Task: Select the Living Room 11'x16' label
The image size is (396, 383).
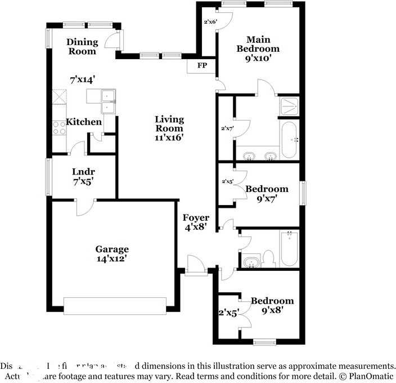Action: pyautogui.click(x=169, y=128)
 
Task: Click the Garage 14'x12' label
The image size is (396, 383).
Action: pyautogui.click(x=111, y=253)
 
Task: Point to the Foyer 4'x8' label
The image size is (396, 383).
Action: pyautogui.click(x=195, y=222)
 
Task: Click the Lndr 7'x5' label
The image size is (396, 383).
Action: pyautogui.click(x=83, y=177)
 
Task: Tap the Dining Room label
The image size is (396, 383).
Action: pyautogui.click(x=82, y=47)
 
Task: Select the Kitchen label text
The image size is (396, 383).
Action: pyautogui.click(x=84, y=122)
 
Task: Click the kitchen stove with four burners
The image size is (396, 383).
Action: pyautogui.click(x=58, y=128)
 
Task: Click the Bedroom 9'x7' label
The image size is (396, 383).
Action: pyautogui.click(x=267, y=193)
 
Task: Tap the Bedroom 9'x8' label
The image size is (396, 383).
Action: pyautogui.click(x=272, y=305)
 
